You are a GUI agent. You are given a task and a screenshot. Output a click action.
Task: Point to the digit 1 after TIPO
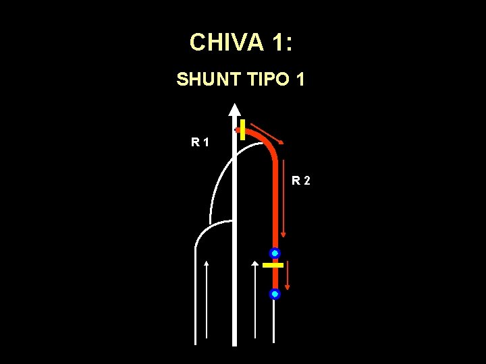pos(300,80)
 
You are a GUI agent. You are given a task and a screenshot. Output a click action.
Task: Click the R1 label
pos(199,142)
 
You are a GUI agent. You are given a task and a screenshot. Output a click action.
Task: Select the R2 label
pos(301,180)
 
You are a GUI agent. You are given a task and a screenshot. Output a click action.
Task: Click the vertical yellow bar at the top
pos(242,129)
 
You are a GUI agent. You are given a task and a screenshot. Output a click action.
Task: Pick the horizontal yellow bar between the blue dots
pos(273,266)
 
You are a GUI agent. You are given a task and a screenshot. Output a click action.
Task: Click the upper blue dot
pos(275,253)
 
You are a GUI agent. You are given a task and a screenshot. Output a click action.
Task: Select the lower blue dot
pos(275,294)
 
